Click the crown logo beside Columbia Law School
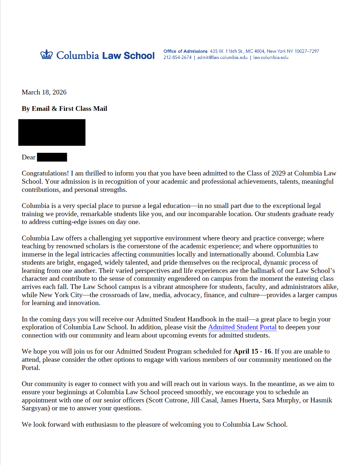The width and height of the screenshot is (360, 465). (x=46, y=55)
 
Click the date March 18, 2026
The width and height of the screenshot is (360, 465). (x=44, y=92)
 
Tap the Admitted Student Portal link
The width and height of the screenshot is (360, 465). (x=242, y=327)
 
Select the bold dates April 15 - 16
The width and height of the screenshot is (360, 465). (x=252, y=352)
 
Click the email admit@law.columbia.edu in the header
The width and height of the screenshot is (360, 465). (x=222, y=58)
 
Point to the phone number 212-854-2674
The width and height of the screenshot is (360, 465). (x=177, y=58)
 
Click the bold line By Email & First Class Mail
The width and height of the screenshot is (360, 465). (x=64, y=109)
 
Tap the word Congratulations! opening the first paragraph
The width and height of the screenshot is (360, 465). (x=45, y=173)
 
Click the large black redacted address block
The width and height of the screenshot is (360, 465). (x=52, y=132)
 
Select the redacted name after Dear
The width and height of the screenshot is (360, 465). (x=52, y=157)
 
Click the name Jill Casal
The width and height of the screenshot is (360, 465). (x=204, y=400)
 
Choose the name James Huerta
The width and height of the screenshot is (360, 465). (x=239, y=400)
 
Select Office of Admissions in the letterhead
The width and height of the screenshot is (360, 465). (x=185, y=51)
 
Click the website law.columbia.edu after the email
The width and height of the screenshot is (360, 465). (x=271, y=58)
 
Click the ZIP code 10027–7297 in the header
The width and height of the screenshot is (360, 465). (x=307, y=51)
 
